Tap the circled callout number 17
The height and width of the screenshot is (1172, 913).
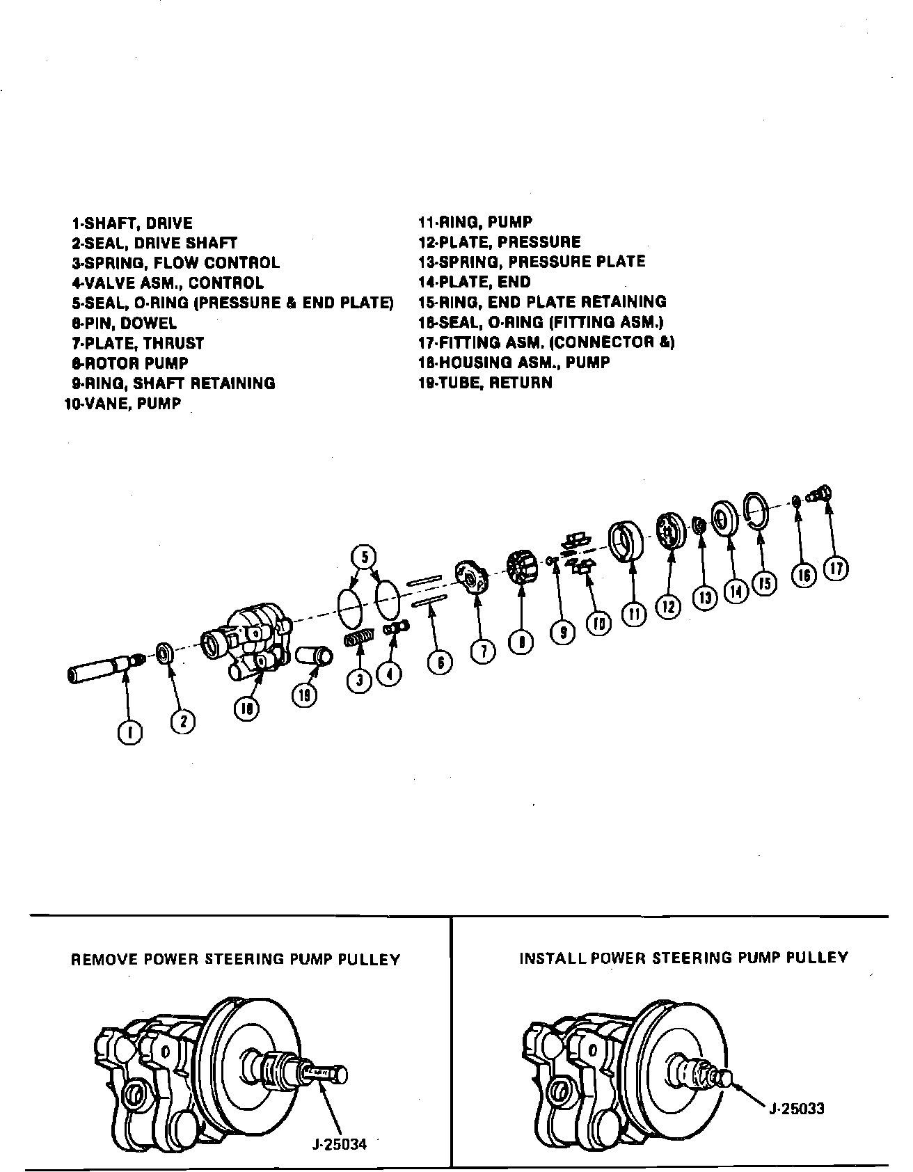[x=835, y=569]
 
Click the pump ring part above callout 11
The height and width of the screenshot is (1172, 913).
[x=625, y=540]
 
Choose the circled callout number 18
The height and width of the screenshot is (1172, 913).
[x=246, y=709]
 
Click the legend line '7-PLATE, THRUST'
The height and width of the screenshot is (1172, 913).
[x=138, y=343]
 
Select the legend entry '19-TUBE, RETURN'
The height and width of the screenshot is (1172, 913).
[x=485, y=382]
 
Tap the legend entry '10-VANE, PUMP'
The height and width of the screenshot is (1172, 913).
[x=122, y=404]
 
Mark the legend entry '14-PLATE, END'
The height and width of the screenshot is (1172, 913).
[x=474, y=282]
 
